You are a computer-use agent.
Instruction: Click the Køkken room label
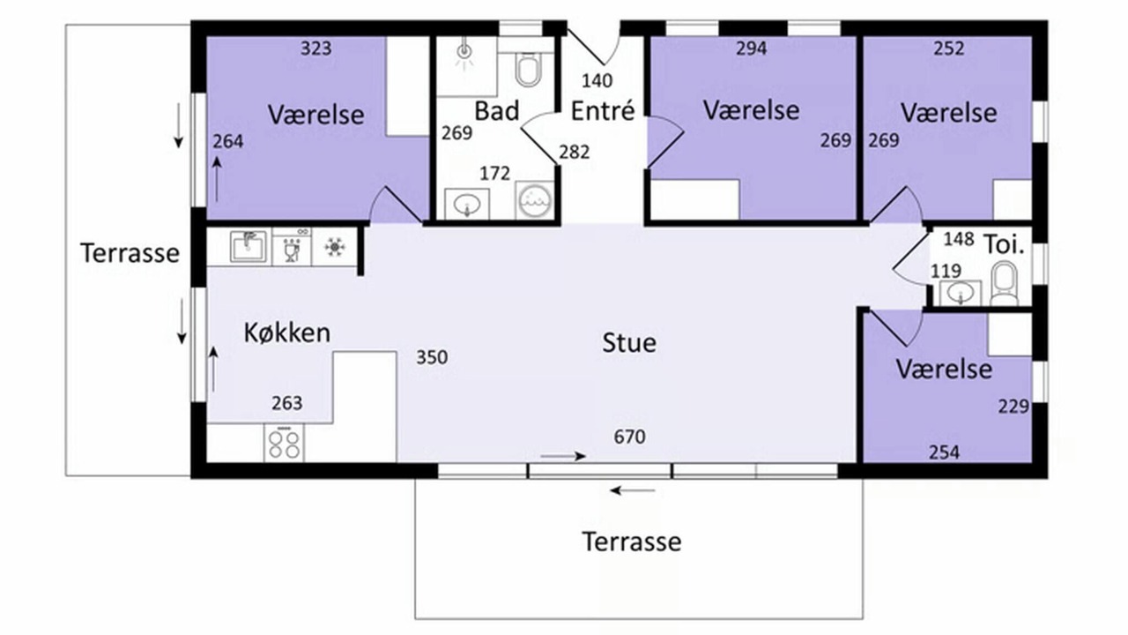[x=287, y=333]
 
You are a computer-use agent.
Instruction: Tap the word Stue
[x=629, y=343]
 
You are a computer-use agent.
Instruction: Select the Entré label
[x=602, y=111]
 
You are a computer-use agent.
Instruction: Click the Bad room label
[x=496, y=111]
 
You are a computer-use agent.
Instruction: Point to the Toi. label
[x=1004, y=245]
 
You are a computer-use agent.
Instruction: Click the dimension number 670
[x=629, y=437]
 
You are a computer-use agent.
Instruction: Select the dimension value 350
[x=432, y=357]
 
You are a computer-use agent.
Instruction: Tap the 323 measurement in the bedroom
[x=316, y=49]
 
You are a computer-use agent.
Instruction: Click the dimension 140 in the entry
[x=597, y=80]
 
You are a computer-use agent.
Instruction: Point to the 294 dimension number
[x=752, y=49]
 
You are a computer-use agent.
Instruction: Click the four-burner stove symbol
[x=284, y=443]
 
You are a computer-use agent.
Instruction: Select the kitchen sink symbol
[x=249, y=246]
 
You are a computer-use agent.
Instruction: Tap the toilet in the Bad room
[x=528, y=70]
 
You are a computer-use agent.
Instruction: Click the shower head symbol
[x=464, y=55]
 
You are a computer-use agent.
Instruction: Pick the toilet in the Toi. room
[x=1005, y=283]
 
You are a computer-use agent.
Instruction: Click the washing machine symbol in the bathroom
[x=535, y=200]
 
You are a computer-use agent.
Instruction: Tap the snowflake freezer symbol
[x=334, y=247]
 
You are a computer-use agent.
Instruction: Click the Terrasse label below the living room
[x=632, y=542]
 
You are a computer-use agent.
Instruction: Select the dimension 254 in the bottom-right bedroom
[x=944, y=452]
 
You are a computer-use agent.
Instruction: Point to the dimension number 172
[x=494, y=174]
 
